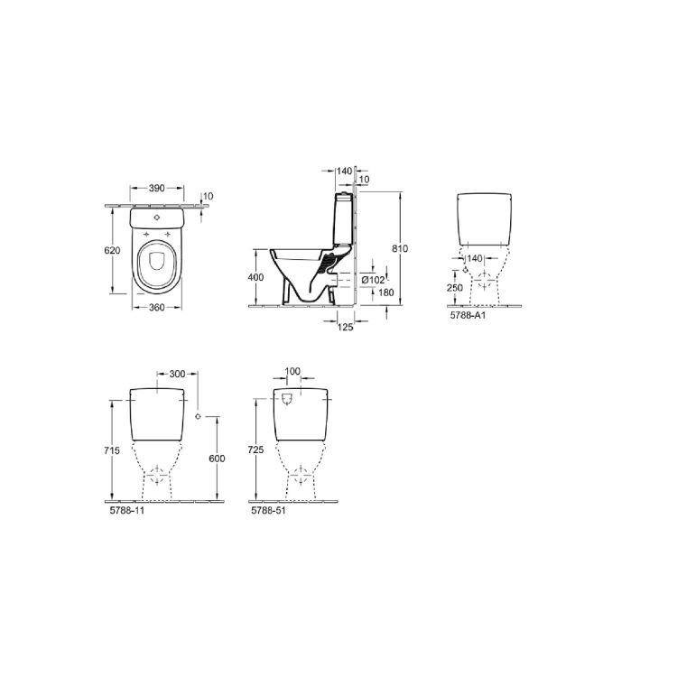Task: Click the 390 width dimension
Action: [157, 189]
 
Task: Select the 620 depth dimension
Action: [112, 250]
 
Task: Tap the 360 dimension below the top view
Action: [157, 308]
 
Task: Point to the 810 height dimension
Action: [400, 249]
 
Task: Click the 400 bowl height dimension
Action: [255, 277]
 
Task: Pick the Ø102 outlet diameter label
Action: [373, 280]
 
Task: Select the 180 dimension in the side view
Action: [386, 292]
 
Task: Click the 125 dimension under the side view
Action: [345, 328]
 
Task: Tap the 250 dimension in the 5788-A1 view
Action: [455, 288]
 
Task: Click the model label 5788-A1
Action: [468, 315]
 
